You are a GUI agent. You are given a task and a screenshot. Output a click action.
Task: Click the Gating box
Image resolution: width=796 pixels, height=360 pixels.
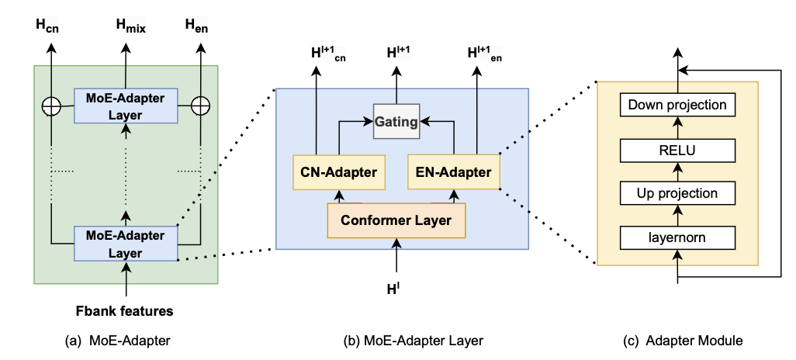point(396,121)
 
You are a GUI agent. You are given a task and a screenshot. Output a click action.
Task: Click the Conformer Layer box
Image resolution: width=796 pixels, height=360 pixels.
point(396,220)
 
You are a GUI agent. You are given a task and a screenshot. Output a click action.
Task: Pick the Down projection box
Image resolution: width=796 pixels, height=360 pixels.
point(677,105)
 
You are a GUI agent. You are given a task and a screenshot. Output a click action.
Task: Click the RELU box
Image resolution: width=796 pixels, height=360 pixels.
point(677,149)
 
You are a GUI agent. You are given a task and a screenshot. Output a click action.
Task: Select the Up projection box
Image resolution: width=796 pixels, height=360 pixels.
point(677,193)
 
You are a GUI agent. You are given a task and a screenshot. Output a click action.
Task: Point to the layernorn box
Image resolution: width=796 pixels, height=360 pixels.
point(677,236)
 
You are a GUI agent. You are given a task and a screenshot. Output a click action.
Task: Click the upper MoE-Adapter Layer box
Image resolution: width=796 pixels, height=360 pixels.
point(126,104)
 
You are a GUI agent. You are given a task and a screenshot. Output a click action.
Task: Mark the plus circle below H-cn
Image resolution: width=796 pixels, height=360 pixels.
point(51,104)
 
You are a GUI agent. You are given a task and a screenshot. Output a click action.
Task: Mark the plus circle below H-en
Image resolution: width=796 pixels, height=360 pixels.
point(201,104)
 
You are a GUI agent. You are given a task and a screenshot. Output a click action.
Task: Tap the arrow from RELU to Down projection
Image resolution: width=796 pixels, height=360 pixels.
point(677,127)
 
